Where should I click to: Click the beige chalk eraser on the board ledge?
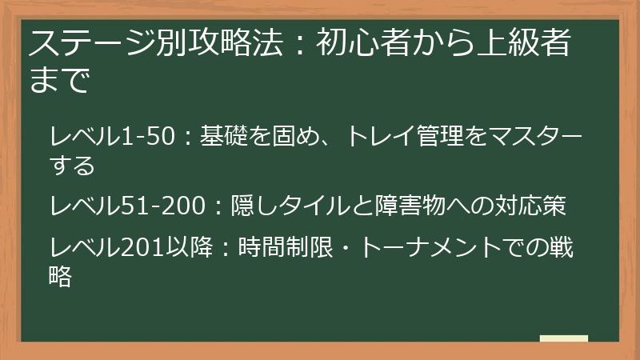563,338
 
